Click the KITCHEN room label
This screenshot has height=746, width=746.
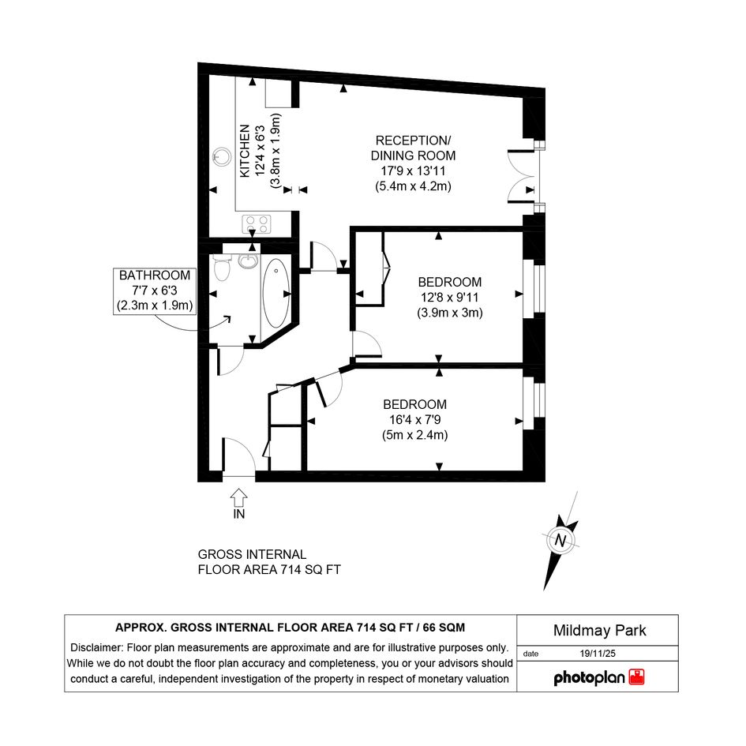click(x=245, y=151)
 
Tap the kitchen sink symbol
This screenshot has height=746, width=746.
click(x=221, y=156)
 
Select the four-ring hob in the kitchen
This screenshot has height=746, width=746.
click(x=257, y=224)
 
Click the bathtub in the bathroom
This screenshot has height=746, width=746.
click(x=276, y=293)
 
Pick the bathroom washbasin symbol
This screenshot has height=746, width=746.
click(x=248, y=261)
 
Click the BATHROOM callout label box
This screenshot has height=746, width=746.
click(x=155, y=291)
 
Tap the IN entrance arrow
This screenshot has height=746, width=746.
click(x=239, y=498)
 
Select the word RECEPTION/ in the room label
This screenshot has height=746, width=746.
click(x=413, y=141)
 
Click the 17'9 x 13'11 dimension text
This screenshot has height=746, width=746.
click(x=413, y=171)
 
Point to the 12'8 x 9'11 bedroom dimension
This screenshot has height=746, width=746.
click(x=450, y=298)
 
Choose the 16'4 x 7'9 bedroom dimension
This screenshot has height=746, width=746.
click(x=415, y=420)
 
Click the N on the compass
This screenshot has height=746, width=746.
click(x=560, y=541)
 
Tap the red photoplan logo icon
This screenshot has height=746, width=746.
click(x=636, y=677)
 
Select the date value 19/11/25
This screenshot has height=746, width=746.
click(x=598, y=654)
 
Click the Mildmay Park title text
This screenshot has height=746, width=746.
click(x=599, y=631)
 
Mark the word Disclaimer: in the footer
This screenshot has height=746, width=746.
click(x=97, y=647)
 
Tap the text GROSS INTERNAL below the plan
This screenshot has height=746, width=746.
click(x=252, y=555)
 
